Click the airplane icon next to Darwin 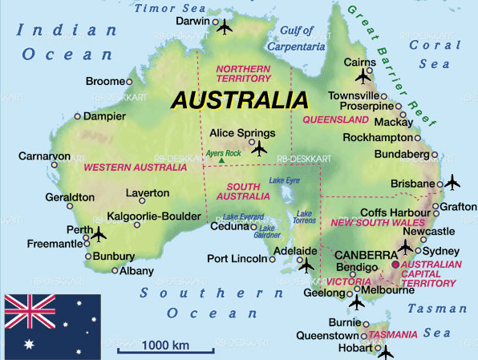pos(224,28)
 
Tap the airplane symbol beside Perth pos(99,234)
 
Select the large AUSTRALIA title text pos(239,101)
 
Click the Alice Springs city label pos(241,134)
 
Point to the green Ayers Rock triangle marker pos(221,161)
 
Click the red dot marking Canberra pos(395,265)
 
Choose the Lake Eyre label pos(283,181)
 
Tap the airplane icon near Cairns pos(364,77)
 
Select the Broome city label pos(104,81)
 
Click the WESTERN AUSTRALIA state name pos(135,168)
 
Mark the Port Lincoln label pos(236,258)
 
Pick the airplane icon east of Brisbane pos(452,183)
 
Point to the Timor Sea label pos(169,7)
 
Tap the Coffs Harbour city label pos(394,212)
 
